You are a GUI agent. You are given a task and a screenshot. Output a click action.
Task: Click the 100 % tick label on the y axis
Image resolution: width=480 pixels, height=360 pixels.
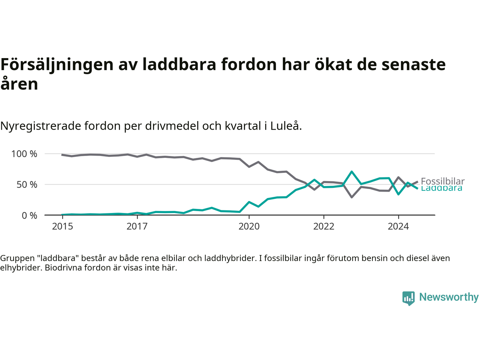[24, 154]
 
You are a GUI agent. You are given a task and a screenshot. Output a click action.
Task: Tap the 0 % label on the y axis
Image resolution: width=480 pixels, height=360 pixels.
[29, 215]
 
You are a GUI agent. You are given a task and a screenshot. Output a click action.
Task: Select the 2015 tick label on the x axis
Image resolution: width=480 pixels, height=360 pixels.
[63, 226]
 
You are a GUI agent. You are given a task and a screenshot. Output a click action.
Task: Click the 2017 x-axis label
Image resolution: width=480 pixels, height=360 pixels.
[137, 226]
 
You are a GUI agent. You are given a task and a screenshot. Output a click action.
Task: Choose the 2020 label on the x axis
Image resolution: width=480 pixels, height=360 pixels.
[249, 226]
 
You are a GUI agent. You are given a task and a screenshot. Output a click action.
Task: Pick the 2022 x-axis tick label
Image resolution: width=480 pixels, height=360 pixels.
[324, 226]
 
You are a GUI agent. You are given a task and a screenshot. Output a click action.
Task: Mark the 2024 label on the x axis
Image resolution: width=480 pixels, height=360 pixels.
[398, 226]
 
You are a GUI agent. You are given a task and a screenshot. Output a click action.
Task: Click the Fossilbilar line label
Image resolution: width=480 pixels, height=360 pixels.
[442, 181]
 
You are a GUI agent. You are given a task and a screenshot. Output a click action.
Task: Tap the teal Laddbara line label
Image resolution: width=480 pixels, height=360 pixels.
[441, 189]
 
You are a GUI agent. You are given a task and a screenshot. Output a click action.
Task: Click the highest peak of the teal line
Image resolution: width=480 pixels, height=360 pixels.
[352, 172]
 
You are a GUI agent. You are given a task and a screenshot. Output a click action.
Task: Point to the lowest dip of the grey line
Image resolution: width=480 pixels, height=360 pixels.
[352, 197]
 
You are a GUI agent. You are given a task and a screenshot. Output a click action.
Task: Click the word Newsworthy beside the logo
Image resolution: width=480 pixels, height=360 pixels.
[449, 297]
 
